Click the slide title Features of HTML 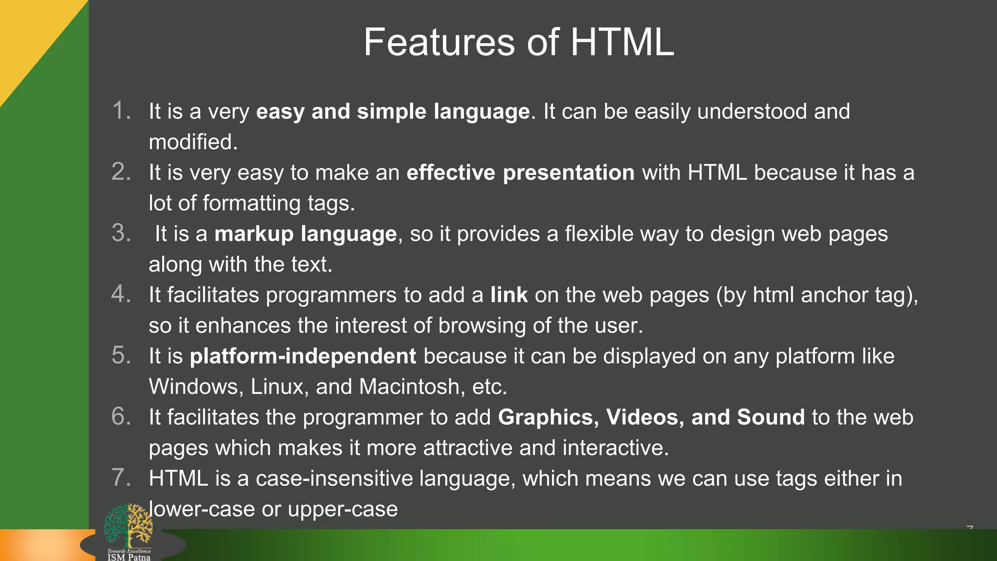point(518,42)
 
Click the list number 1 point(121,111)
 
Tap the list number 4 point(121,294)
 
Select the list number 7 point(121,478)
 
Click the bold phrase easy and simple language point(393,112)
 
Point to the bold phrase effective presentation point(520,173)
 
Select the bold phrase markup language point(305,234)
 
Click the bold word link point(509,295)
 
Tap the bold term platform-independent point(303,356)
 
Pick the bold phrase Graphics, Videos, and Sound point(651,417)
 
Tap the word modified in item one point(193,142)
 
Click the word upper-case point(343,509)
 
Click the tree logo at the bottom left point(128,526)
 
